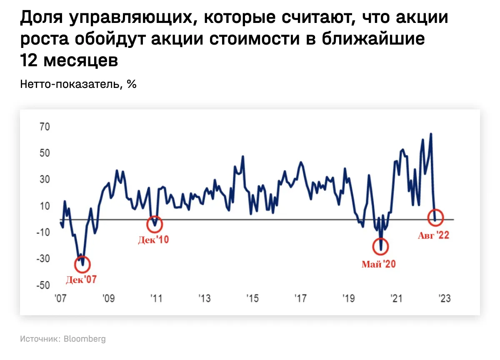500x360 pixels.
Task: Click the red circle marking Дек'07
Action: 82,264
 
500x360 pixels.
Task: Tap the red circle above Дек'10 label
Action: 155,224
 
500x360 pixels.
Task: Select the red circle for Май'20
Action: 380,247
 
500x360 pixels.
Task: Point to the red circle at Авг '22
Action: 435,217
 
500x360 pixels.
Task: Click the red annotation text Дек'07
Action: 81,280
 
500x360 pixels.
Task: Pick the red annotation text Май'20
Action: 379,264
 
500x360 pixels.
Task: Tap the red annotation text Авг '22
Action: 433,235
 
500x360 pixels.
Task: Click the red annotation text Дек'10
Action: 154,240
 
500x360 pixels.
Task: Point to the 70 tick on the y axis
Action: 45,126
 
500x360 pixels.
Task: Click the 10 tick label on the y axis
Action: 45,206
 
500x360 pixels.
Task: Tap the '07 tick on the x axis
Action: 61,299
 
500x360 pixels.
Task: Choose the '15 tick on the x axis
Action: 252,299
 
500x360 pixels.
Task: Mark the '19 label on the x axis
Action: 348,299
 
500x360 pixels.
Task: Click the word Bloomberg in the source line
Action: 85,339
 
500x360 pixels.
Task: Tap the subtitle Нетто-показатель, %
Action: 78,84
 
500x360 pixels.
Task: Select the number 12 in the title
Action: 29,61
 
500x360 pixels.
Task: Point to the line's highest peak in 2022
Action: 431,134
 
